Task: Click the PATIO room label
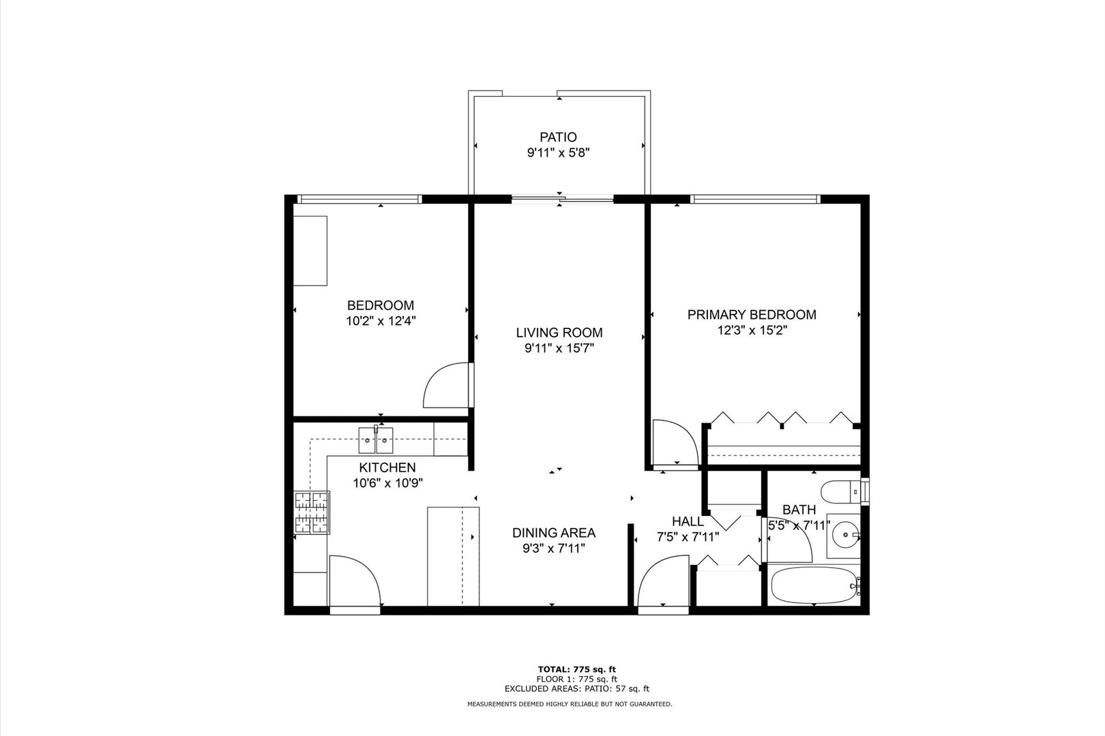pyautogui.click(x=558, y=137)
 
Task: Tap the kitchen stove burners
pyautogui.click(x=311, y=512)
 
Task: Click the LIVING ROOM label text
pyautogui.click(x=559, y=333)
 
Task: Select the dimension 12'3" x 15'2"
pyautogui.click(x=751, y=331)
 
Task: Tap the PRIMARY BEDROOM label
pyautogui.click(x=751, y=315)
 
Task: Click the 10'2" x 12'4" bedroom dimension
pyautogui.click(x=381, y=322)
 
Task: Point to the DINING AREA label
pyautogui.click(x=554, y=533)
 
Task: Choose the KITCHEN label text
pyautogui.click(x=387, y=468)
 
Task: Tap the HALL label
pyautogui.click(x=688, y=521)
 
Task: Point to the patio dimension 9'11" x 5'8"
pyautogui.click(x=558, y=153)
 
